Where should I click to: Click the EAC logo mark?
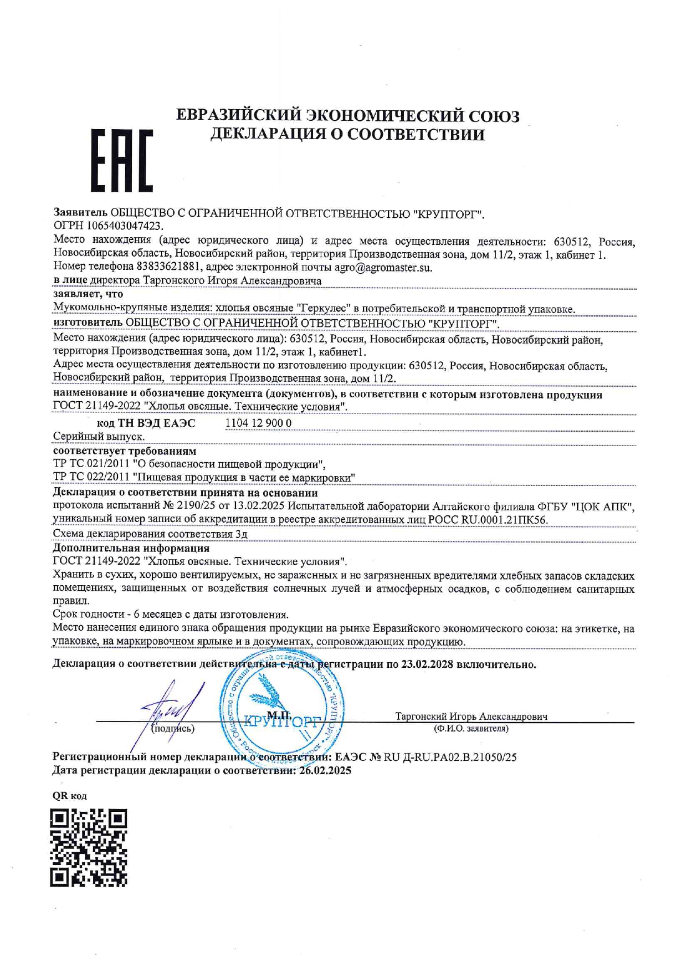121,161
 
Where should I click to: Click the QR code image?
89,847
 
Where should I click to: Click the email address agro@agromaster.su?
383,268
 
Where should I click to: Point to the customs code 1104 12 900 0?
258,423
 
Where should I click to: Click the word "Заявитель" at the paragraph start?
80,213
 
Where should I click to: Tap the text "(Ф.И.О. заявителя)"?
471,729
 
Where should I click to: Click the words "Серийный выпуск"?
99,437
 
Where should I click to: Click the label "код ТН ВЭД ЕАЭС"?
146,423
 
